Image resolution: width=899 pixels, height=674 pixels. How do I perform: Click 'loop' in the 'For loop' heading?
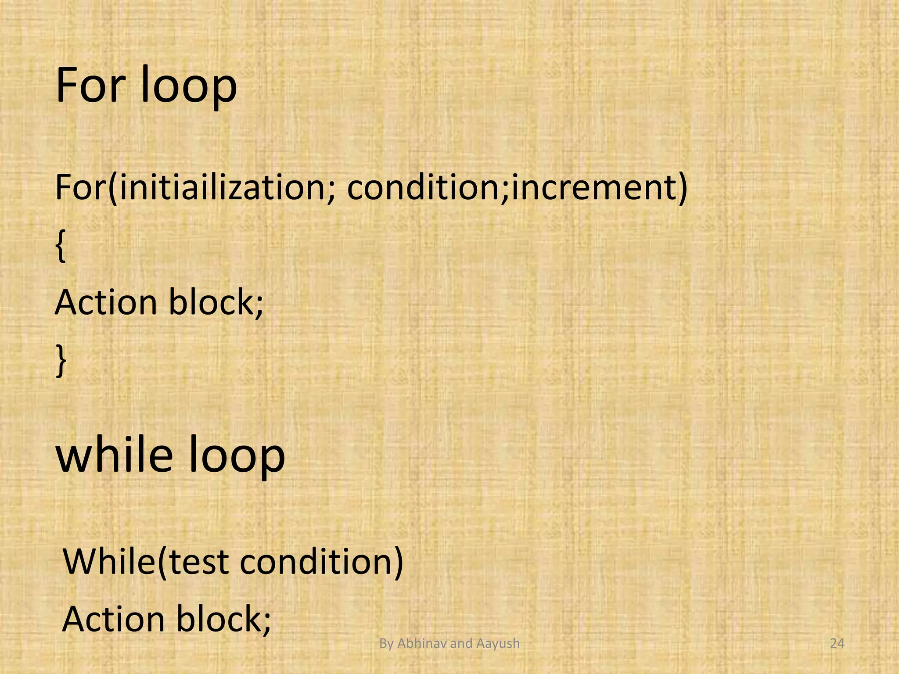click(x=189, y=88)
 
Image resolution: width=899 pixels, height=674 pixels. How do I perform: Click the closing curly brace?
click(x=61, y=361)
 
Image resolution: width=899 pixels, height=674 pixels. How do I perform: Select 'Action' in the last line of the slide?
click(x=113, y=619)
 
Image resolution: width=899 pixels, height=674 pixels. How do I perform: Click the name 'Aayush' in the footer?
click(x=498, y=644)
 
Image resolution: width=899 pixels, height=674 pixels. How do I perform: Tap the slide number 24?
click(x=838, y=644)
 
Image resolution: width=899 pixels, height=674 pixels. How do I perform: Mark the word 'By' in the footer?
click(x=386, y=644)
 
